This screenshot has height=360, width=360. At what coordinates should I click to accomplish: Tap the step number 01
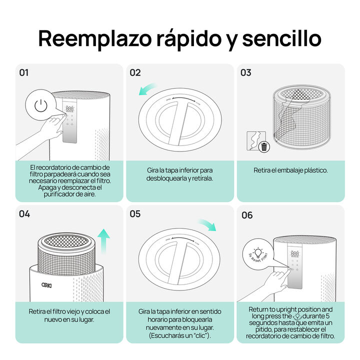pos(24,72)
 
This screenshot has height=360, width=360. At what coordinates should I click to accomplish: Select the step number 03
pos(246,73)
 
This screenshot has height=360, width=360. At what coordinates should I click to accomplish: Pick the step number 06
pos(247,215)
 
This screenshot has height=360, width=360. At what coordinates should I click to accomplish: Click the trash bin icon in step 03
pos(264,146)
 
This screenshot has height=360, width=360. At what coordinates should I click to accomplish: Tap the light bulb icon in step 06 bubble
pos(258,250)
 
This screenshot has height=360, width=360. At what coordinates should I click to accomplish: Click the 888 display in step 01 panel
pos(69,109)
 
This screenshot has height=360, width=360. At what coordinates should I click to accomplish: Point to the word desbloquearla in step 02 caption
pos(167,178)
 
